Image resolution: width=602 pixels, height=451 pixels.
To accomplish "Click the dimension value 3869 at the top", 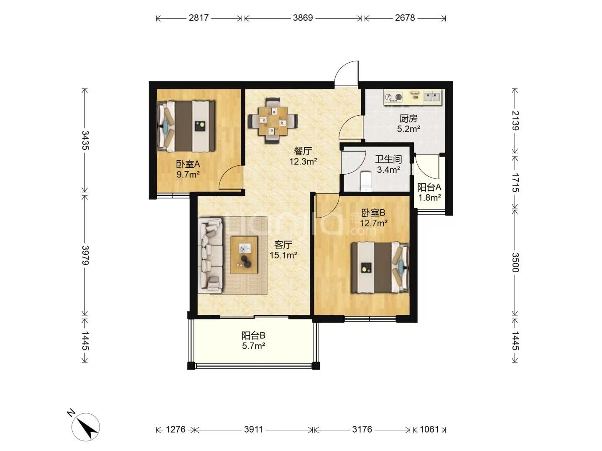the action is [303, 18].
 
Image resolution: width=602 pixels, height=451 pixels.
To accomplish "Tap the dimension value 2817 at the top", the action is [199, 18].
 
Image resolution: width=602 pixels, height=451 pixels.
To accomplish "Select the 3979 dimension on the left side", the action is [85, 255].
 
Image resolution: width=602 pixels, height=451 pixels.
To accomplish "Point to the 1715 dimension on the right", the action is [515, 182].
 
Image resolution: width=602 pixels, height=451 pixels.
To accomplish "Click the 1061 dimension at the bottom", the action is [429, 429].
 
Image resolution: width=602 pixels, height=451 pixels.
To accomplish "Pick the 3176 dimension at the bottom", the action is [362, 429].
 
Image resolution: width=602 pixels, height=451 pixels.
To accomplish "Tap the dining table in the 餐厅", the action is [273, 121].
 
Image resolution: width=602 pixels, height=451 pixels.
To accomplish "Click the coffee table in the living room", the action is [244, 255].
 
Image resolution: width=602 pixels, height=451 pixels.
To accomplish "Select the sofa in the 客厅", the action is [210, 256].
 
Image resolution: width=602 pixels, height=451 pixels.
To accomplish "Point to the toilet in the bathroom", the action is [366, 181].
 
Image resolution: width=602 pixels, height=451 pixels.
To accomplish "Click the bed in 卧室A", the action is [185, 126].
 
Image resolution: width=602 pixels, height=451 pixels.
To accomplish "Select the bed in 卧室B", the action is [380, 267].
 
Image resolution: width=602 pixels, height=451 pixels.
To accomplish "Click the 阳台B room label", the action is [253, 336].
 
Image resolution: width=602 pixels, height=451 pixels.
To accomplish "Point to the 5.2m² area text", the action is [408, 129].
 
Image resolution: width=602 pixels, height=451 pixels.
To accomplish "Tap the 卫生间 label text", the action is [388, 160].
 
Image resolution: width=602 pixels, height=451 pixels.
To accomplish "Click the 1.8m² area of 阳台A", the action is [429, 197].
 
